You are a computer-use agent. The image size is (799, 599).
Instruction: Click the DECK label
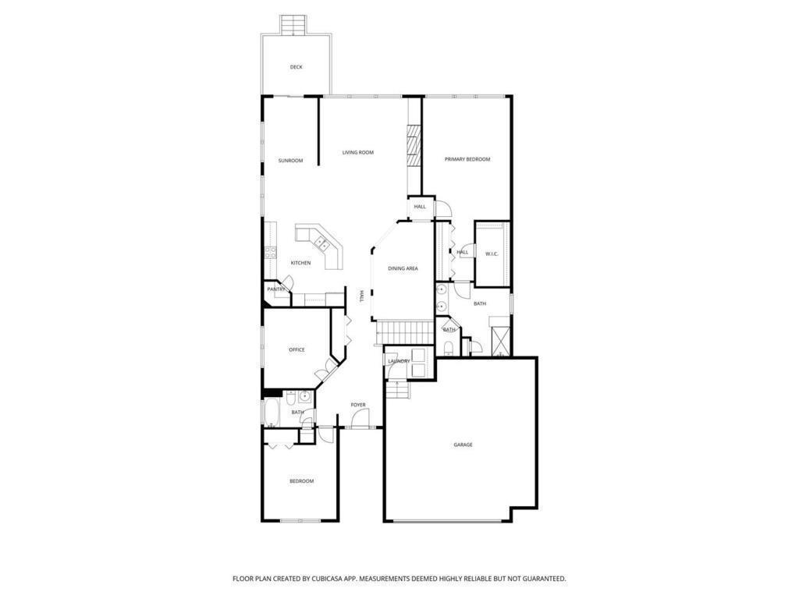pos(296,67)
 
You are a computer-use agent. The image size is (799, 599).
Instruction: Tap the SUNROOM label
pos(290,161)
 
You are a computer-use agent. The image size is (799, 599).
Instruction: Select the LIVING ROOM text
pos(357,152)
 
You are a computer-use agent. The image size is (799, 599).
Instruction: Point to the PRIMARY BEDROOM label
pos(467,159)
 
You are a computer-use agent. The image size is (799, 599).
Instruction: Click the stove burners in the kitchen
pos(271,252)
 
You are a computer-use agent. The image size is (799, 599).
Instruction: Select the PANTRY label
pos(276,289)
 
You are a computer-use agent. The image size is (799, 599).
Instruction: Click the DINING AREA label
pos(403,268)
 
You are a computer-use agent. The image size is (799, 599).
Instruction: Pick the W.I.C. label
pos(492,253)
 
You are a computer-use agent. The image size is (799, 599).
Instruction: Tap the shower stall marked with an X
pos(500,338)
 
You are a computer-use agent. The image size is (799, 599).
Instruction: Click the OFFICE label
pos(297,349)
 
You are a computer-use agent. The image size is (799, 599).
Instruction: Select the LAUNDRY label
pos(399,361)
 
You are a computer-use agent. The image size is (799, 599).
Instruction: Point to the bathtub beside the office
pos(271,412)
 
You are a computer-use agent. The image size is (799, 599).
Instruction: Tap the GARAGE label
pos(463,445)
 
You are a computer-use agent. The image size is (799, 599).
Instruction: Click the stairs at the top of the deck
pos(293,25)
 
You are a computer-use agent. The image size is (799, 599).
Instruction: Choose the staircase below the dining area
pos(406,333)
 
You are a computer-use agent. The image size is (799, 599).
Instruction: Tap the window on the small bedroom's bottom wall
pos(300,520)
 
